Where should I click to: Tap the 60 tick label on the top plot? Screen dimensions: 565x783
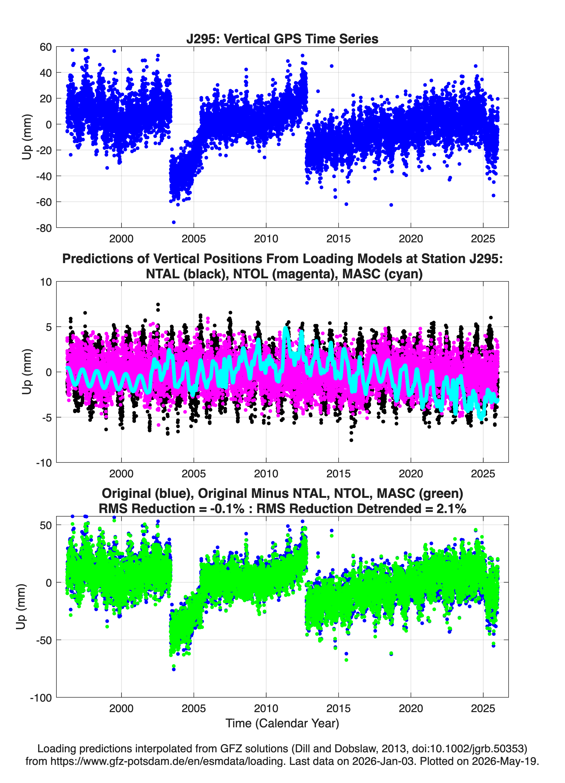point(46,47)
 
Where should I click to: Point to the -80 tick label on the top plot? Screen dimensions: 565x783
point(44,228)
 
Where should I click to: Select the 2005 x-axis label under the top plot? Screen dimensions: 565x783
point(194,239)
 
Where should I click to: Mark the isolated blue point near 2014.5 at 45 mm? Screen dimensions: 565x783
point(332,66)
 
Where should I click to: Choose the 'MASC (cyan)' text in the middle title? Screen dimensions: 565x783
point(382,274)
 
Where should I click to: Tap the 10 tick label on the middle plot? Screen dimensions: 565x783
point(46,282)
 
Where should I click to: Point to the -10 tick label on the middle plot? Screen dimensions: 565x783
point(44,463)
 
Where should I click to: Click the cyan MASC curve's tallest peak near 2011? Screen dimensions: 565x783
point(286,328)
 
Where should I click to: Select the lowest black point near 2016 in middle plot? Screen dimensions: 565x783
point(351,440)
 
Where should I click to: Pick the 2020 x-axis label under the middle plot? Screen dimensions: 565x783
point(411,474)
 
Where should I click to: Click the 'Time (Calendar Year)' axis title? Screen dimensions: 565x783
point(282,723)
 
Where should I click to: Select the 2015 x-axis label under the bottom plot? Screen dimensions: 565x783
point(338,709)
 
